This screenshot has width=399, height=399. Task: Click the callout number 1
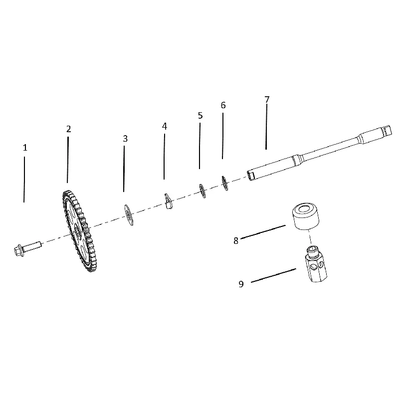pyautogui.click(x=25, y=148)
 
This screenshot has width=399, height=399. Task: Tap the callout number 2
pyautogui.click(x=68, y=129)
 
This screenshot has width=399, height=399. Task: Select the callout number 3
pyautogui.click(x=125, y=139)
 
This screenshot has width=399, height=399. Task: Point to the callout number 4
pyautogui.click(x=165, y=126)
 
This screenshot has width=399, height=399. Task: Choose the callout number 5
pyautogui.click(x=200, y=116)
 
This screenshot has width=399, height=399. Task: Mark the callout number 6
pyautogui.click(x=223, y=105)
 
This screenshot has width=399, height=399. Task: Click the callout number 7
pyautogui.click(x=267, y=99)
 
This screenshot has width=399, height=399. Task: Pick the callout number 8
pyautogui.click(x=236, y=241)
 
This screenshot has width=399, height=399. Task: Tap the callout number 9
pyautogui.click(x=241, y=284)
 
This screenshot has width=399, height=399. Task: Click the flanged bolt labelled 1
pyautogui.click(x=27, y=248)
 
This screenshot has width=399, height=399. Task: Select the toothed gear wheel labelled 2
pyautogui.click(x=80, y=231)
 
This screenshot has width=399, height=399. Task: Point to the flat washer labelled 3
pyautogui.click(x=129, y=215)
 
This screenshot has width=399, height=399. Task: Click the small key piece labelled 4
pyautogui.click(x=168, y=201)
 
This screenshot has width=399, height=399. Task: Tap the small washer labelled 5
pyautogui.click(x=202, y=191)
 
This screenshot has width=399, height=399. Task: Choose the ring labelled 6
pyautogui.click(x=225, y=183)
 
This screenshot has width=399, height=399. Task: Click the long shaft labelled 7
pyautogui.click(x=319, y=153)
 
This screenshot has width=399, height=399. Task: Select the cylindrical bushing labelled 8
pyautogui.click(x=305, y=216)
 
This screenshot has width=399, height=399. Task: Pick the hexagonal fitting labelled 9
pyautogui.click(x=316, y=264)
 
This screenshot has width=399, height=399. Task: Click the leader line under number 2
pyautogui.click(x=68, y=160)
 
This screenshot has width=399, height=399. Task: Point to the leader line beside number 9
pyautogui.click(x=273, y=275)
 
